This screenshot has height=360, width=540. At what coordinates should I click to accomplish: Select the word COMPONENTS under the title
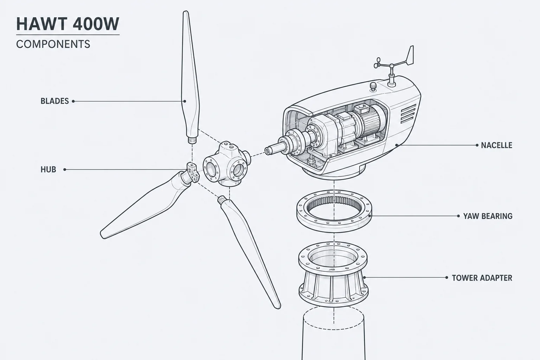(53, 44)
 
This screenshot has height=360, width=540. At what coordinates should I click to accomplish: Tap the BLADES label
(55, 101)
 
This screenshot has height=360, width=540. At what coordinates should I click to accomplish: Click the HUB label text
(48, 169)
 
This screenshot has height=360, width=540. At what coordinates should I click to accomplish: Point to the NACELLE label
(497, 145)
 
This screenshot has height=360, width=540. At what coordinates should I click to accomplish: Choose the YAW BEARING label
(488, 216)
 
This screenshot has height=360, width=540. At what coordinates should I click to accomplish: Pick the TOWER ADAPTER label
(482, 278)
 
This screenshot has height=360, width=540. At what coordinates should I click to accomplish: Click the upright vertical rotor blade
(190, 77)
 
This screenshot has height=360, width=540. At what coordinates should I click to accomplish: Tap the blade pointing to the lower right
(248, 251)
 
